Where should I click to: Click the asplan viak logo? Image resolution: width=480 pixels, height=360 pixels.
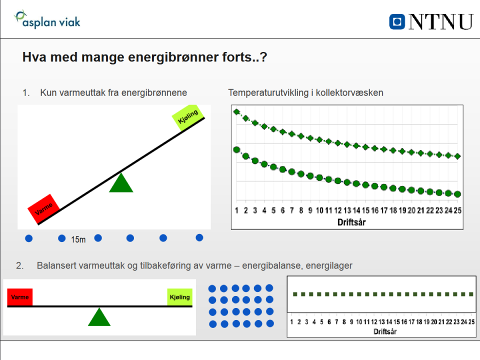pyautogui.click(x=47, y=20)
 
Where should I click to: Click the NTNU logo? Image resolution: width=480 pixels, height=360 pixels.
pyautogui.click(x=431, y=21)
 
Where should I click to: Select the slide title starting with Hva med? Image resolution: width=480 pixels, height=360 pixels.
pyautogui.click(x=144, y=57)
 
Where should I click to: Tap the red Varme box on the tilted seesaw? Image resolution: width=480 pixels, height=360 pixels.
pyautogui.click(x=44, y=208)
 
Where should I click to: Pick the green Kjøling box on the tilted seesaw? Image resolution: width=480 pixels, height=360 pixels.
pyautogui.click(x=188, y=117)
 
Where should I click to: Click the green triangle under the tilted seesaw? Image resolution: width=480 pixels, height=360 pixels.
pyautogui.click(x=121, y=182)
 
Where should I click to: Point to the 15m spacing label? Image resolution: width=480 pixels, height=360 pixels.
pyautogui.click(x=78, y=239)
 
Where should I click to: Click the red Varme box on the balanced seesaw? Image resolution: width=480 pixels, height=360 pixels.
pyautogui.click(x=20, y=297)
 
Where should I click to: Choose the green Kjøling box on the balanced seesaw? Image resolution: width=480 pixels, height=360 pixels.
pyautogui.click(x=179, y=297)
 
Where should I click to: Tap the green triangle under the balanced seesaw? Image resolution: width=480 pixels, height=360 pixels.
pyautogui.click(x=99, y=317)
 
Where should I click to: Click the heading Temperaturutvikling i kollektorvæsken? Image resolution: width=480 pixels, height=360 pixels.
pyautogui.click(x=305, y=93)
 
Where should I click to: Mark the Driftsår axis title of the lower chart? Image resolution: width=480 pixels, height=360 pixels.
pyautogui.click(x=386, y=331)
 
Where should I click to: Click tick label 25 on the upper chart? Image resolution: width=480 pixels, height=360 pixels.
pyautogui.click(x=457, y=210)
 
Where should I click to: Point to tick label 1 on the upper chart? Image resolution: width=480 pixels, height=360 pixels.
pyautogui.click(x=236, y=210)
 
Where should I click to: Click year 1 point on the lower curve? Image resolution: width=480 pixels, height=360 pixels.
pyautogui.click(x=236, y=150)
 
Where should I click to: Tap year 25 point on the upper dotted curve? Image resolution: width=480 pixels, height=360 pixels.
pyautogui.click(x=457, y=156)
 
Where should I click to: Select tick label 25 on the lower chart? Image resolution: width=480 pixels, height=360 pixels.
pyautogui.click(x=471, y=321)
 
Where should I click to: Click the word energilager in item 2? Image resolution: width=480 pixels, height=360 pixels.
pyautogui.click(x=329, y=265)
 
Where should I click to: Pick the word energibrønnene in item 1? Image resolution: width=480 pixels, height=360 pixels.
pyautogui.click(x=157, y=93)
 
